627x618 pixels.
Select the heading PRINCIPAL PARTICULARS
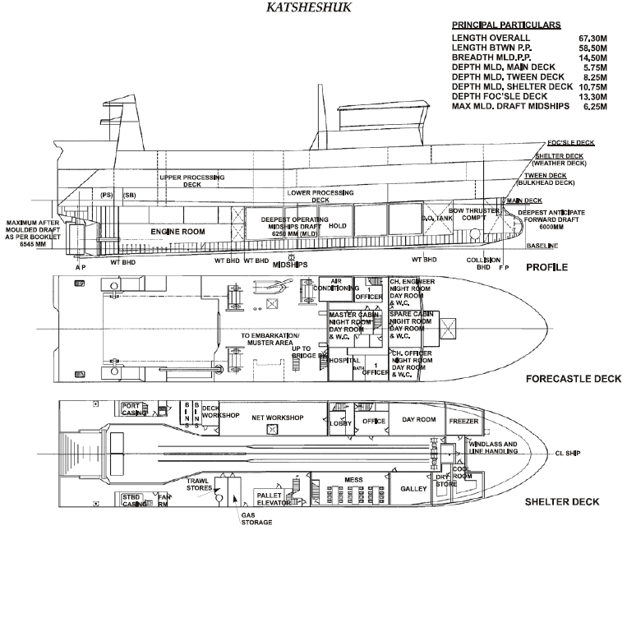tap(506, 25)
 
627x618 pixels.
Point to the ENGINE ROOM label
tap(177, 233)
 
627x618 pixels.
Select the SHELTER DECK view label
tap(563, 501)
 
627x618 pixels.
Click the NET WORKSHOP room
tap(277, 417)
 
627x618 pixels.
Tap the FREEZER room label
tap(463, 422)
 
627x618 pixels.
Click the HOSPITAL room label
tap(344, 360)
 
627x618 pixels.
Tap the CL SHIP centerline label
tap(569, 453)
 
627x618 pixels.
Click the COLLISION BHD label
tap(484, 263)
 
